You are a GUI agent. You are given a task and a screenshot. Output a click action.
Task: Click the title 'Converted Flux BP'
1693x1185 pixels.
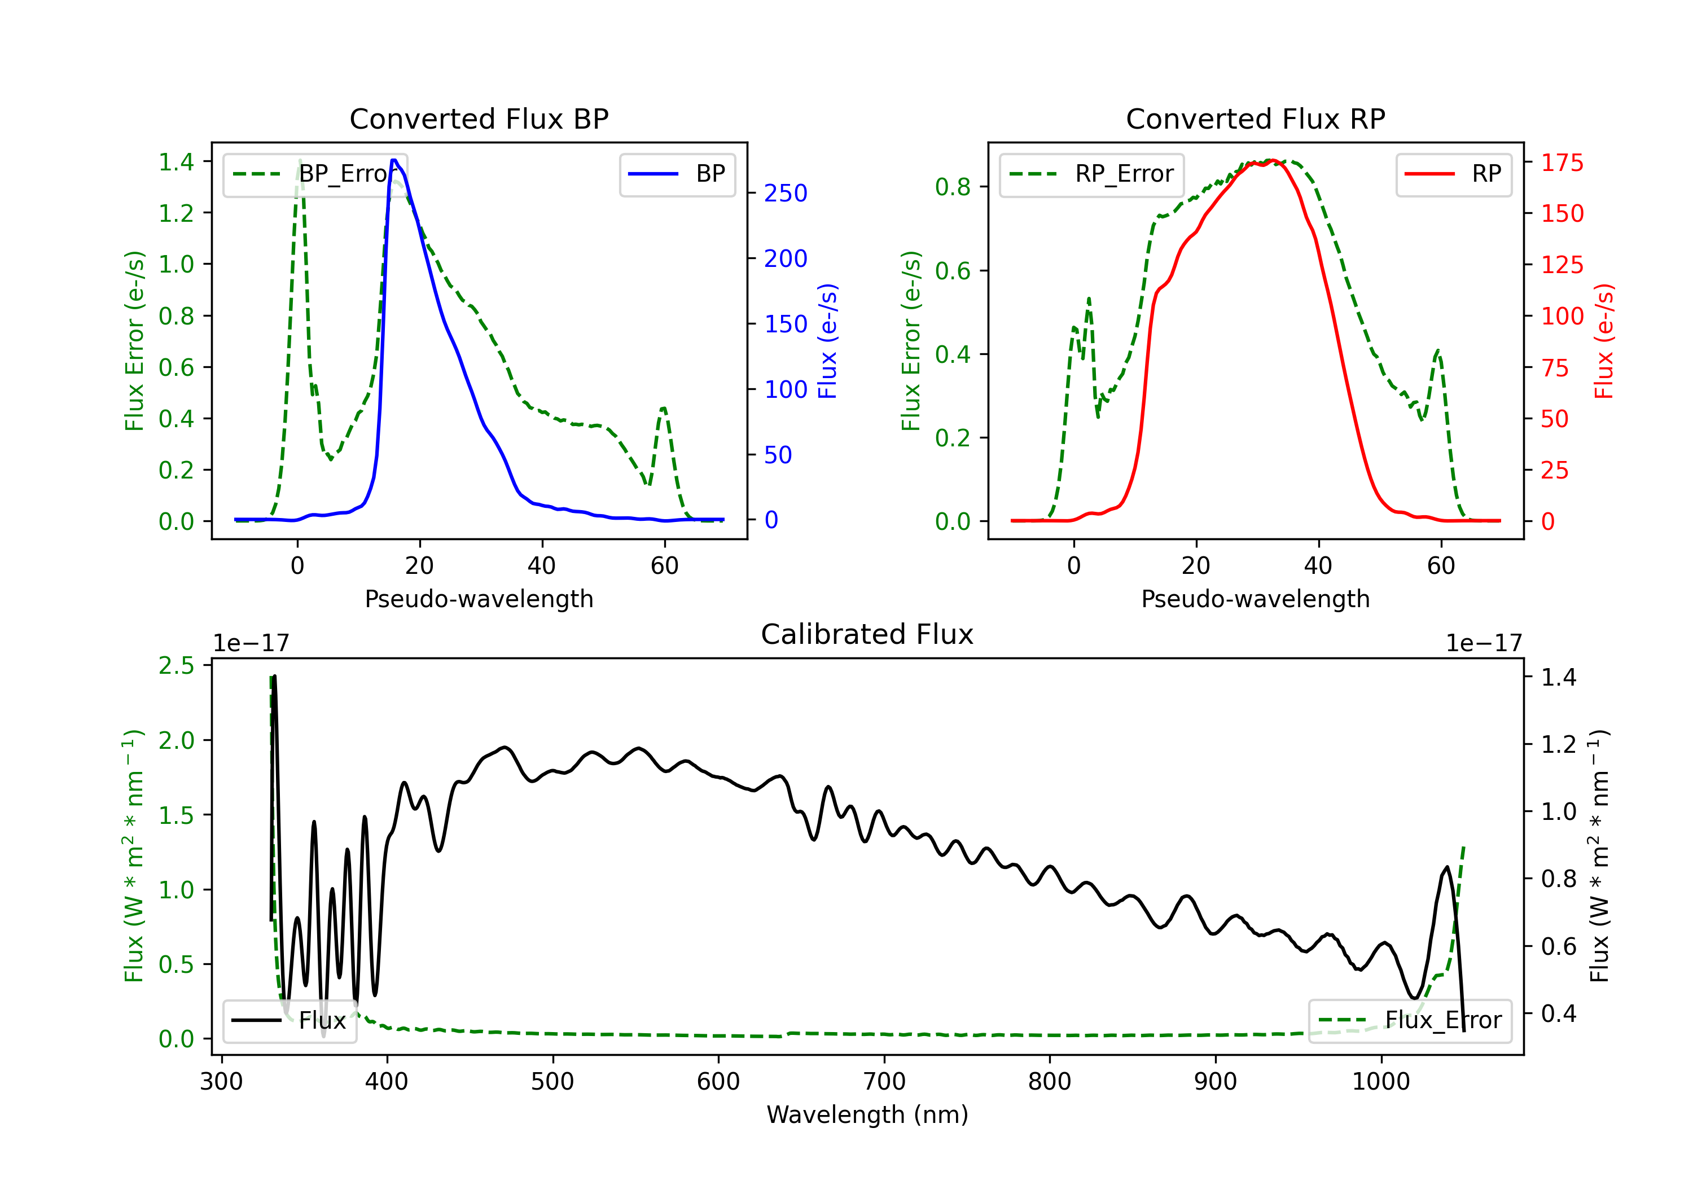click(479, 118)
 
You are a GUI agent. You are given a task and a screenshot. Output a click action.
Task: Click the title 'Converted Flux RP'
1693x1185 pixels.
click(1255, 118)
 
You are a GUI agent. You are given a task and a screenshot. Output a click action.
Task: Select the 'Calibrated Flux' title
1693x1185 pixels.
click(867, 634)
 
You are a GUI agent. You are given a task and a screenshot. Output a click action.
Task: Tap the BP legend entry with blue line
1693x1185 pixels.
click(677, 174)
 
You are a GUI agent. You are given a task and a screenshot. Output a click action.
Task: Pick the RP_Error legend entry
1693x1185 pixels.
click(1091, 174)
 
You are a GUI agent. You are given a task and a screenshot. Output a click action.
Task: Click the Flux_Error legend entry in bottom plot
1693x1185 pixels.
click(1410, 1021)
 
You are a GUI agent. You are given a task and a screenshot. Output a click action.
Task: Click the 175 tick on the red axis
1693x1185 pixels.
click(1562, 162)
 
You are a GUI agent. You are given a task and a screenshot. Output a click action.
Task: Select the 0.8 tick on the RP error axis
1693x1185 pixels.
click(953, 187)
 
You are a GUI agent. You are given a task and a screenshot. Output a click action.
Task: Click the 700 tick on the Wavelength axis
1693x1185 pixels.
click(884, 1082)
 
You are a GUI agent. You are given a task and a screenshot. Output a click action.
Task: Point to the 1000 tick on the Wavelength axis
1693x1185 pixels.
click(1381, 1082)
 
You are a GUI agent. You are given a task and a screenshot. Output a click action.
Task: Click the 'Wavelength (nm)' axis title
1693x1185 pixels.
click(867, 1114)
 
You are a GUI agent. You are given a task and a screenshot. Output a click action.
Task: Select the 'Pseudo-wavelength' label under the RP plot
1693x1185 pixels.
click(1255, 599)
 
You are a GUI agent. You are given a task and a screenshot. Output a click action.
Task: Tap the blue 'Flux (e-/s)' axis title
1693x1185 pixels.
click(827, 341)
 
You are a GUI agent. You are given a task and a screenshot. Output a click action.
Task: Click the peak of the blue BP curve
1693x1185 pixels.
click(394, 160)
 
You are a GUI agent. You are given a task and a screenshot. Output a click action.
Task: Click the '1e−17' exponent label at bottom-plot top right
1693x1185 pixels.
click(1484, 644)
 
